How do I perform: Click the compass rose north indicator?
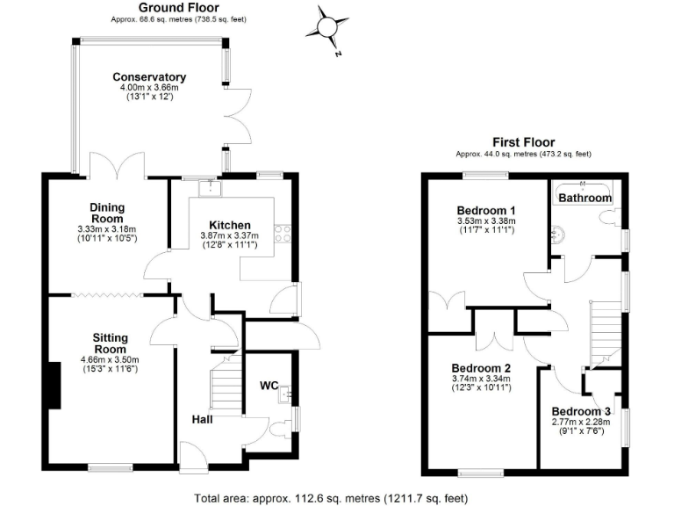tap(328, 28)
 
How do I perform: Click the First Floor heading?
tap(523, 142)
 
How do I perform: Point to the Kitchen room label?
tap(230, 225)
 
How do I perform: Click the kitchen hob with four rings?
tap(283, 234)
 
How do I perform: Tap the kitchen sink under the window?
tap(209, 187)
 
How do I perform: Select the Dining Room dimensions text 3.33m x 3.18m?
tap(107, 229)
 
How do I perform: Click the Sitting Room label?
tap(111, 343)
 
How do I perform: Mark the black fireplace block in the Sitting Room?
tap(55, 386)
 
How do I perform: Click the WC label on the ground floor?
tap(269, 386)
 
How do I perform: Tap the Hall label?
tap(203, 419)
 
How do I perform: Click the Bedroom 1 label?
tap(486, 211)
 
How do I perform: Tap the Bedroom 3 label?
tap(580, 411)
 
